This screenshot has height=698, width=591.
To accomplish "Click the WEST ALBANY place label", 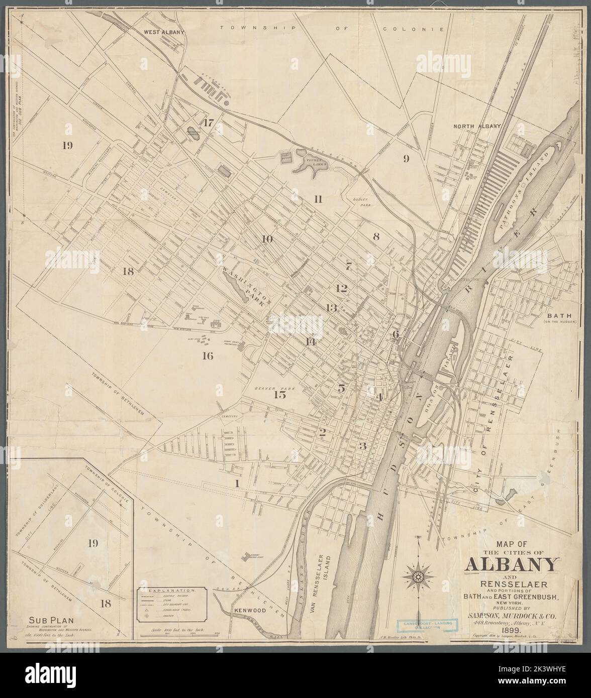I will point(164,32).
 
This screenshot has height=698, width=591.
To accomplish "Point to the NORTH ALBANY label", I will point(477,126).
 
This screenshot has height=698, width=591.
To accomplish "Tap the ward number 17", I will point(208,122).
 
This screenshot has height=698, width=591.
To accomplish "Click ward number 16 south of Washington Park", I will point(208,357).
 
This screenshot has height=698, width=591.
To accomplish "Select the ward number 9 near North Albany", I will point(406,159).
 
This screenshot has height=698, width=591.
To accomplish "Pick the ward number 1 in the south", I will point(235,484).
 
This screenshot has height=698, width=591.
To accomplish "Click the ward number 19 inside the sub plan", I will point(92,543).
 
